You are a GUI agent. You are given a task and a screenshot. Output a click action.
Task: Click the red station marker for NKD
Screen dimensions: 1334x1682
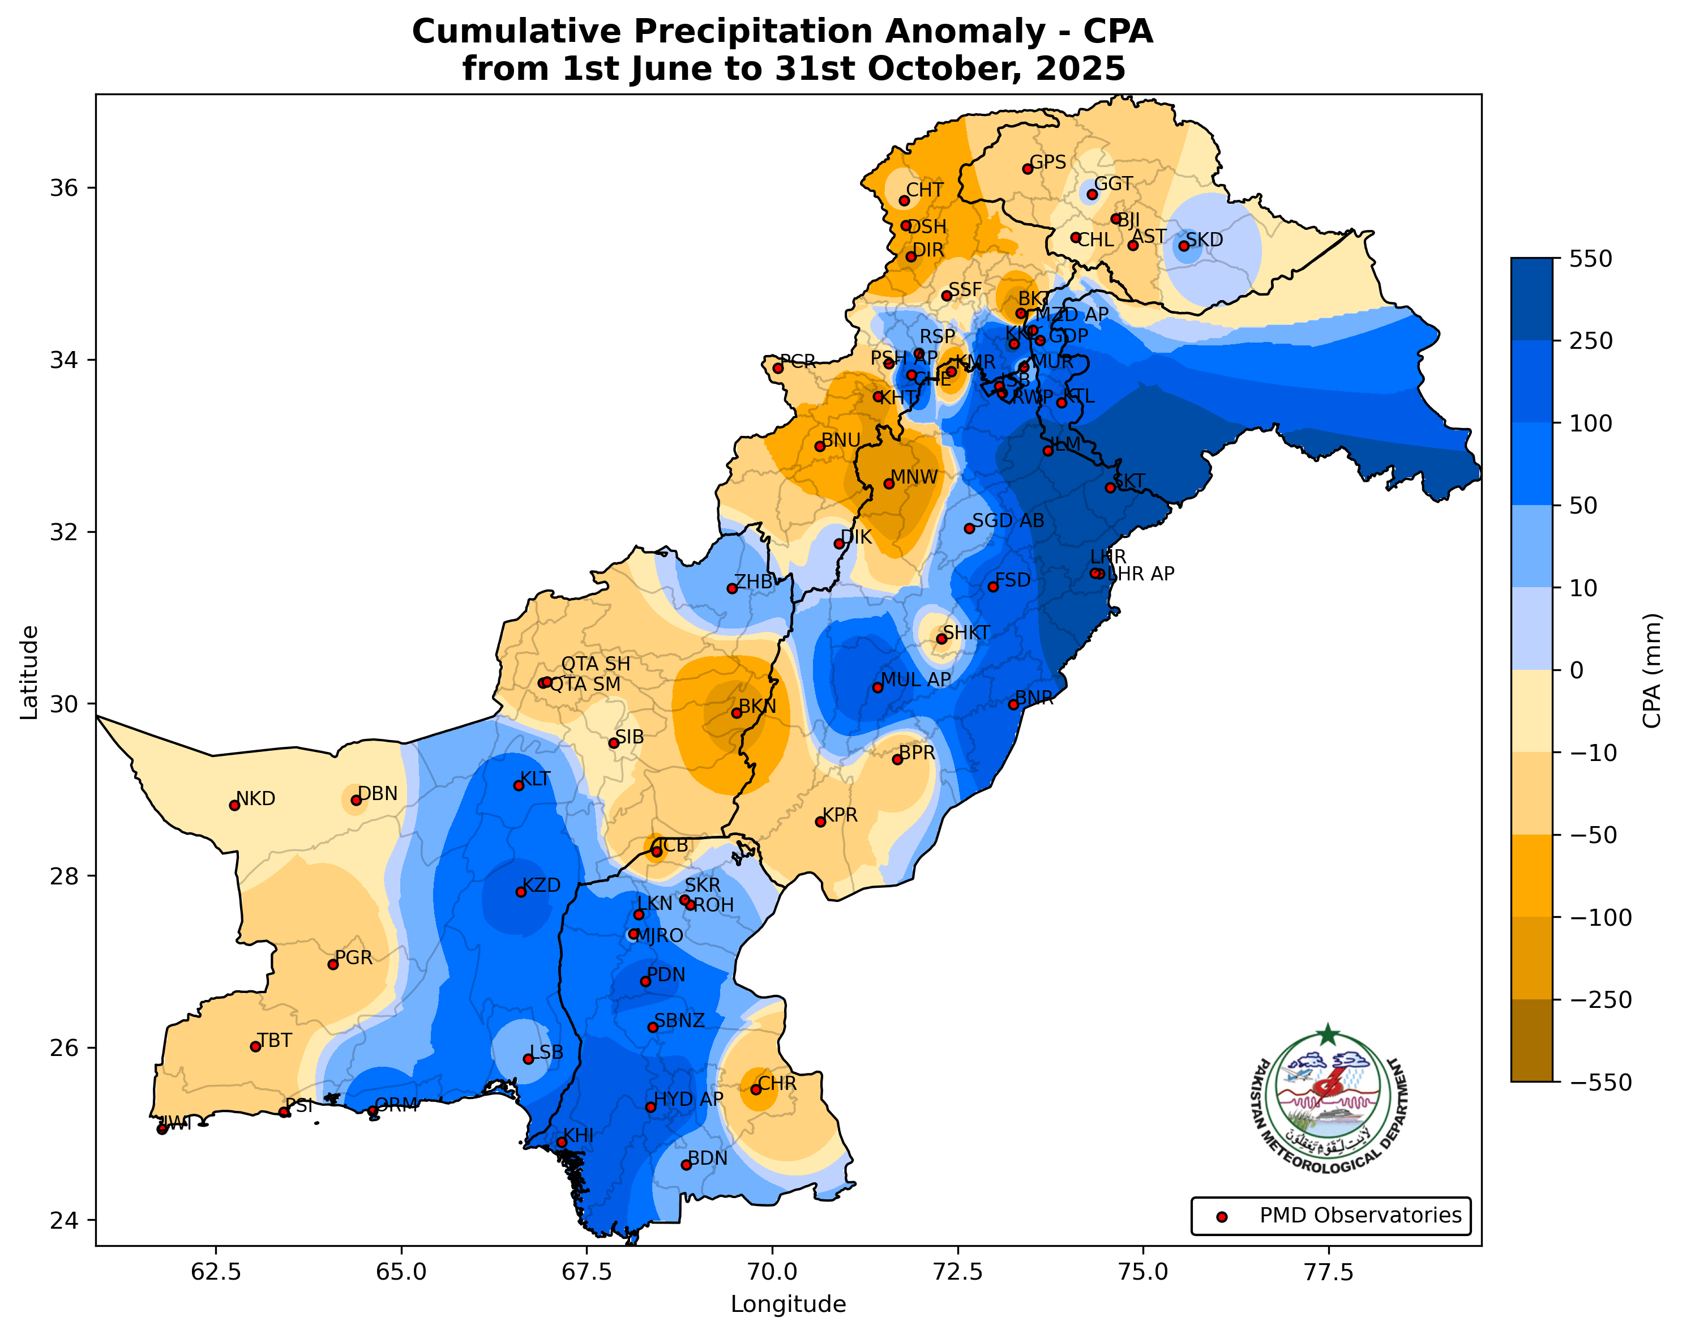pos(234,805)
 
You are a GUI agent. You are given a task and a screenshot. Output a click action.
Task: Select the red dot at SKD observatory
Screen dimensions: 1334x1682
pos(1183,246)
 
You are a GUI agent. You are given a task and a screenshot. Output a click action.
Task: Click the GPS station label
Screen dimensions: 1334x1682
pos(1048,163)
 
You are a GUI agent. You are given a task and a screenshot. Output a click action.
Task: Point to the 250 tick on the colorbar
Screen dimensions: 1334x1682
pos(1591,341)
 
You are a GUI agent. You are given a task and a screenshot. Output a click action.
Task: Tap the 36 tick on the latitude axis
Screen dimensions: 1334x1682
pos(66,188)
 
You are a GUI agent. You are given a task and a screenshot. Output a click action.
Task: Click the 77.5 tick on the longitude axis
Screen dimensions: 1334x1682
pos(1329,1272)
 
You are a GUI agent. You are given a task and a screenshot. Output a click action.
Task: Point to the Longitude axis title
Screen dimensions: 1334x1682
pos(788,1305)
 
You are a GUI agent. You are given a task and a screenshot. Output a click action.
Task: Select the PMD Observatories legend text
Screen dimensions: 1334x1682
pos(1360,1216)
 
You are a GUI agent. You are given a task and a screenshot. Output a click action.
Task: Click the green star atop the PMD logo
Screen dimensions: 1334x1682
pos(1328,1035)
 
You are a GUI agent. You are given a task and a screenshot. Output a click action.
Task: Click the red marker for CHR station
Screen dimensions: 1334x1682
pos(755,1089)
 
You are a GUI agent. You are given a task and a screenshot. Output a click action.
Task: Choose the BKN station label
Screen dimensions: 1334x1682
pos(757,707)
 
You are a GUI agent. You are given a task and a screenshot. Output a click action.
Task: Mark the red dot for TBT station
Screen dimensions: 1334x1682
pos(255,1046)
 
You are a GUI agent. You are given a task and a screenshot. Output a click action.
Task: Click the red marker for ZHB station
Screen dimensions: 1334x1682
pos(732,588)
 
